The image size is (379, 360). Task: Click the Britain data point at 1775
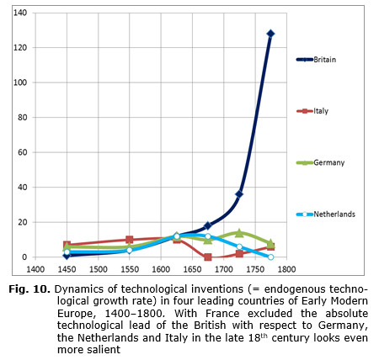coord(270,34)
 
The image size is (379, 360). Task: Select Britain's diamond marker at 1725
coord(239,194)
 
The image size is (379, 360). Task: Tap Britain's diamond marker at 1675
coord(208,225)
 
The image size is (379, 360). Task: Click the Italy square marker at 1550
coord(130,240)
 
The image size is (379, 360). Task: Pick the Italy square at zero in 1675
coord(208,257)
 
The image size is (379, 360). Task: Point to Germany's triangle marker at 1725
coord(239,232)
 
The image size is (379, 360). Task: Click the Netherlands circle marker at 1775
coord(270,257)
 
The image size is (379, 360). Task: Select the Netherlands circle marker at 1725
coord(239,246)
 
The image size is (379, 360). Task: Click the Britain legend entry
coord(316,60)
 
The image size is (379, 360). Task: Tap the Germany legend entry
coord(320,162)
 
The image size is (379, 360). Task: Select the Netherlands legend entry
coord(326,214)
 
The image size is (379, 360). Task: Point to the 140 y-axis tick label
coord(20,13)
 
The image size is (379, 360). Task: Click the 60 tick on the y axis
coord(23,152)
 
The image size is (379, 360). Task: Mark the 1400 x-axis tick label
coord(35,269)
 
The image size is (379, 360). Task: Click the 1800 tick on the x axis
coord(286,269)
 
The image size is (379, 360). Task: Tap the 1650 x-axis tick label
coord(192,269)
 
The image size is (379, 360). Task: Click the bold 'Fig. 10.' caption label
coord(29,289)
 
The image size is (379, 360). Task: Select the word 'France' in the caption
coord(223,313)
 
